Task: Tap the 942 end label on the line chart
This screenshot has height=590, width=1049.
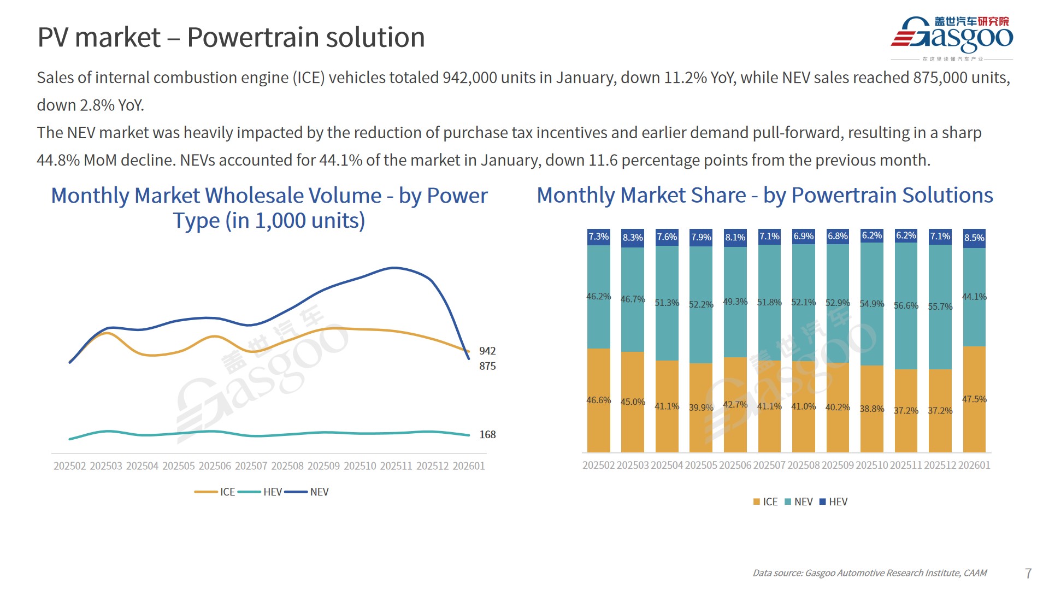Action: coord(487,351)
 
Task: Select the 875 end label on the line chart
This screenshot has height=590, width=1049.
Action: coord(487,366)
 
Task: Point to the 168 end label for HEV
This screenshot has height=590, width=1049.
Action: coord(487,434)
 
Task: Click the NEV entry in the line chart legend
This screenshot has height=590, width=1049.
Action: coord(319,492)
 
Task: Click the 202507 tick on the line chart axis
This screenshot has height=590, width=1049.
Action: coord(251,466)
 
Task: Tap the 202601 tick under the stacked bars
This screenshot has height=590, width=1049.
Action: coord(974,465)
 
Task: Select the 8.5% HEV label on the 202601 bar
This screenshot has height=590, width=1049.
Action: coord(974,238)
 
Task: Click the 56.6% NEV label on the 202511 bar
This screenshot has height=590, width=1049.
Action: coord(906,305)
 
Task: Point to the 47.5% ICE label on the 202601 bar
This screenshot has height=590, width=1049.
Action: coord(974,399)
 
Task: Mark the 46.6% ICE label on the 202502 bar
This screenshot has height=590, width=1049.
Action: coord(598,400)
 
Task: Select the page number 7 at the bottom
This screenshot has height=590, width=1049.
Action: coord(1028,573)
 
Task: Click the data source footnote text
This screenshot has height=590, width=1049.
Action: coord(869,573)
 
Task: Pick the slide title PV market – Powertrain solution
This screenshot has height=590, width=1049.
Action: coord(231,37)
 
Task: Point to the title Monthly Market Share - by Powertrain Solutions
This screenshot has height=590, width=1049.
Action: coord(765,195)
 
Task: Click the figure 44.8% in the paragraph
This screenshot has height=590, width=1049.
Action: coord(58,160)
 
